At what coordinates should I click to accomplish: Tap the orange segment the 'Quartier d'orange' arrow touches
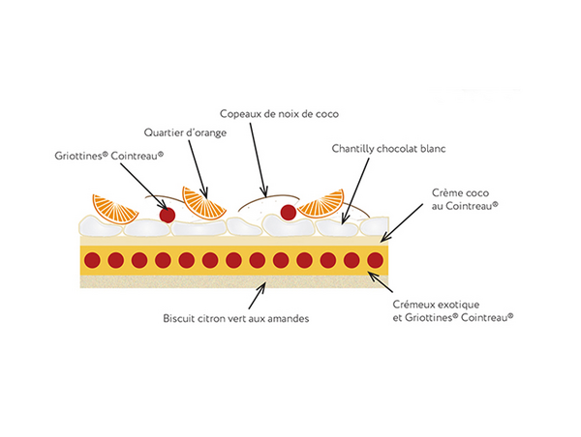coord(204,204)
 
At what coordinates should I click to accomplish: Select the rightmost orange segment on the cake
coord(321,204)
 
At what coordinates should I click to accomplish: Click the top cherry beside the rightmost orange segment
coord(288,212)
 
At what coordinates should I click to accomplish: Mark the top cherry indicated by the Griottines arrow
coord(167,215)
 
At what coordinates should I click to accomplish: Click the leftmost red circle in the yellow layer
coord(92,260)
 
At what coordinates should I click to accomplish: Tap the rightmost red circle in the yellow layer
coord(376,260)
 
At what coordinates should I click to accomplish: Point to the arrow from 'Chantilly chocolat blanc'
coord(355,189)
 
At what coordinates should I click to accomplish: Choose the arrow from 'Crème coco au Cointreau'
coord(407,223)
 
